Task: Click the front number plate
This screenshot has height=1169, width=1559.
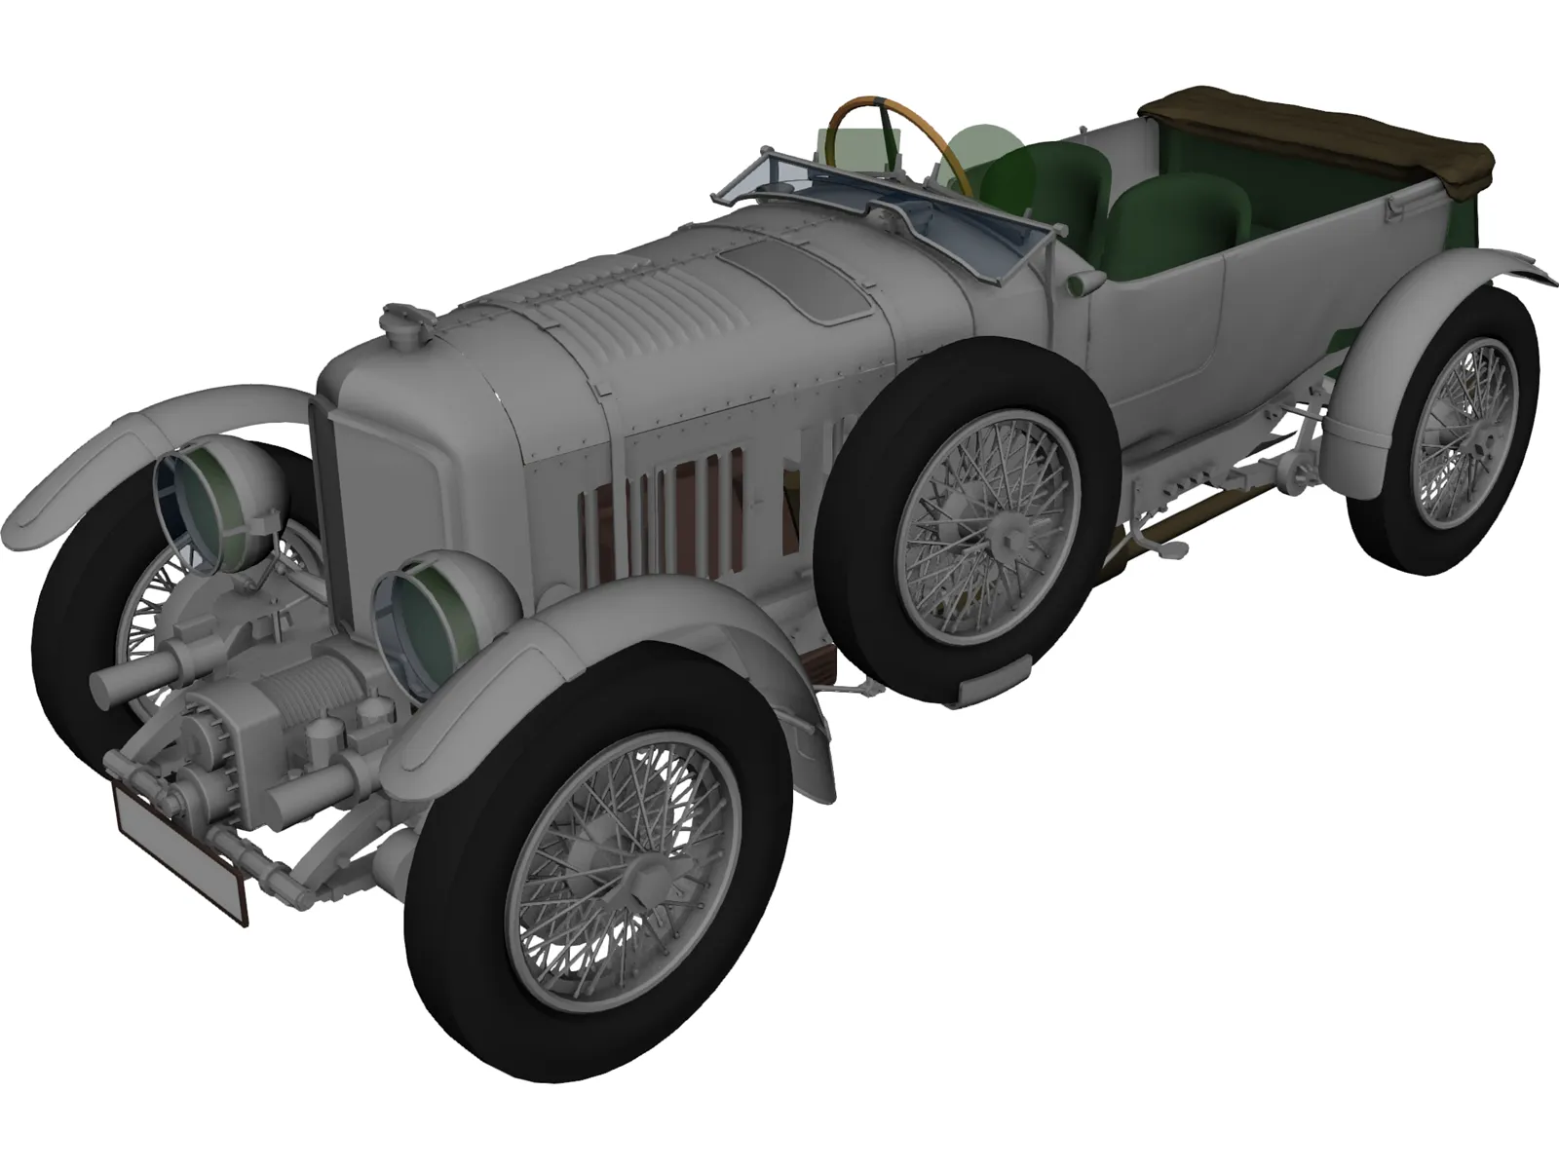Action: click(x=180, y=852)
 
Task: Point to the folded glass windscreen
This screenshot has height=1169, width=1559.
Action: click(x=877, y=209)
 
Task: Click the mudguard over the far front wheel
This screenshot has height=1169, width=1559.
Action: click(x=146, y=429)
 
